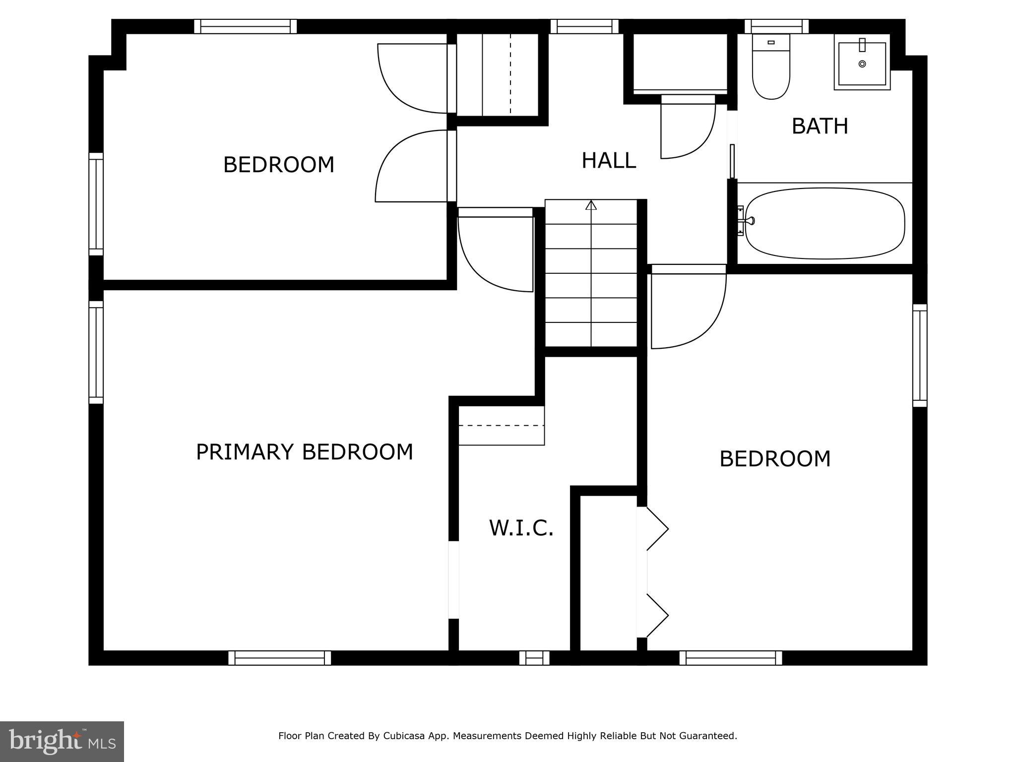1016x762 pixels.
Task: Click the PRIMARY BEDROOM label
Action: point(304,452)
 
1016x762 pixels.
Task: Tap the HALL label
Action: point(608,161)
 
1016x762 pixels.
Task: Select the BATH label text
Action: point(820,127)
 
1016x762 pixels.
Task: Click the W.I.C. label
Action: point(521,528)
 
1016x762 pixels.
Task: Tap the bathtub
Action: point(824,223)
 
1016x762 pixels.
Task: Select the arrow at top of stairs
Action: point(590,205)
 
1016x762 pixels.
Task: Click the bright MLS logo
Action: point(62,741)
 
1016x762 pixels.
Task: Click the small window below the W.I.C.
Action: point(534,658)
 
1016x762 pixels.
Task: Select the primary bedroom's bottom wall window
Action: point(279,658)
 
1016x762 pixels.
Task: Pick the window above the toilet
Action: point(776,26)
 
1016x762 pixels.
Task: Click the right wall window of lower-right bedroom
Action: point(919,355)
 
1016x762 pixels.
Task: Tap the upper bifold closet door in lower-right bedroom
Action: point(656,529)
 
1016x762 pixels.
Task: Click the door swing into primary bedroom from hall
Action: point(496,253)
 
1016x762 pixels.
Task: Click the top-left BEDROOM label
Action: point(278,165)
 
